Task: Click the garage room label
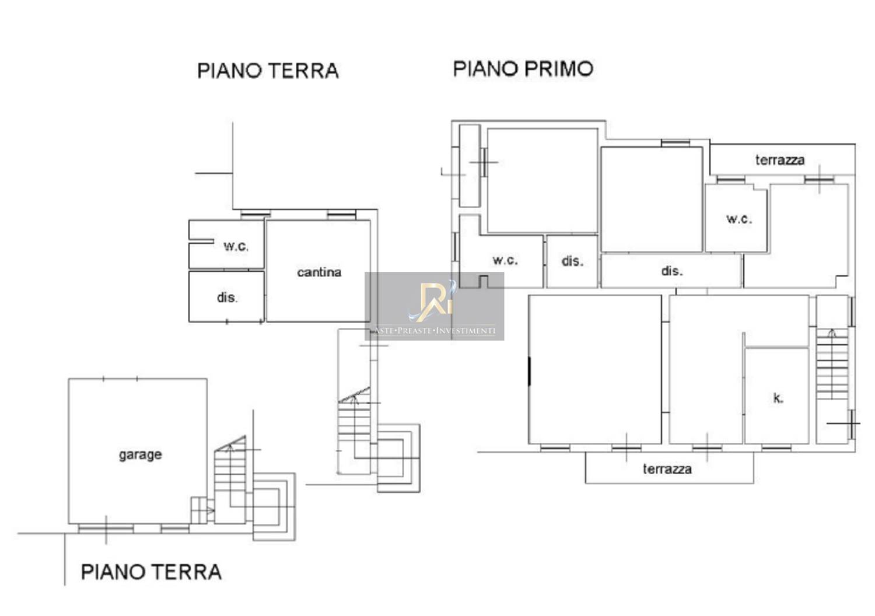coord(140,455)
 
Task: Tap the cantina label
coord(319,272)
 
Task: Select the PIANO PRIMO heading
coord(523,69)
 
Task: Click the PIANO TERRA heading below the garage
coord(151,572)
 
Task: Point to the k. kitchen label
coord(778,398)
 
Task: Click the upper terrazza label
coord(780,160)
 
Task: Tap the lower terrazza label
coord(667,469)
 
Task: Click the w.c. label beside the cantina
coord(236,246)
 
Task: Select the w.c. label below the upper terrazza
coord(739,219)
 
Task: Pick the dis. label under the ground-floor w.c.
coord(227,297)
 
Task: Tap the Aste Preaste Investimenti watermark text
coord(435,331)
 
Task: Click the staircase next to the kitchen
coord(832,364)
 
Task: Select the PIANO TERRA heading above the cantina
coord(268,71)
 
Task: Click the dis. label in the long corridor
coord(672,271)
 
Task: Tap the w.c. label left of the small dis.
coord(505,260)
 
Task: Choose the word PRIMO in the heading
coord(559,69)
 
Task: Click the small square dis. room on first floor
coord(572,261)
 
